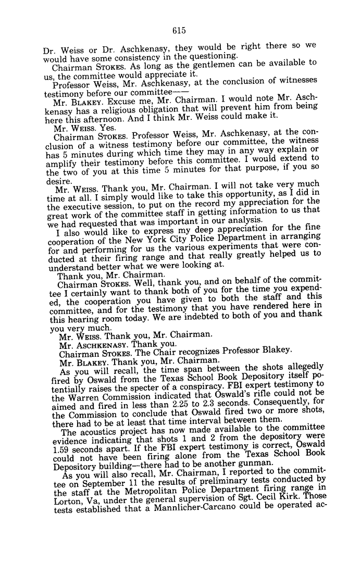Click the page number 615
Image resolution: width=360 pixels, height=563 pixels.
tap(179, 31)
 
